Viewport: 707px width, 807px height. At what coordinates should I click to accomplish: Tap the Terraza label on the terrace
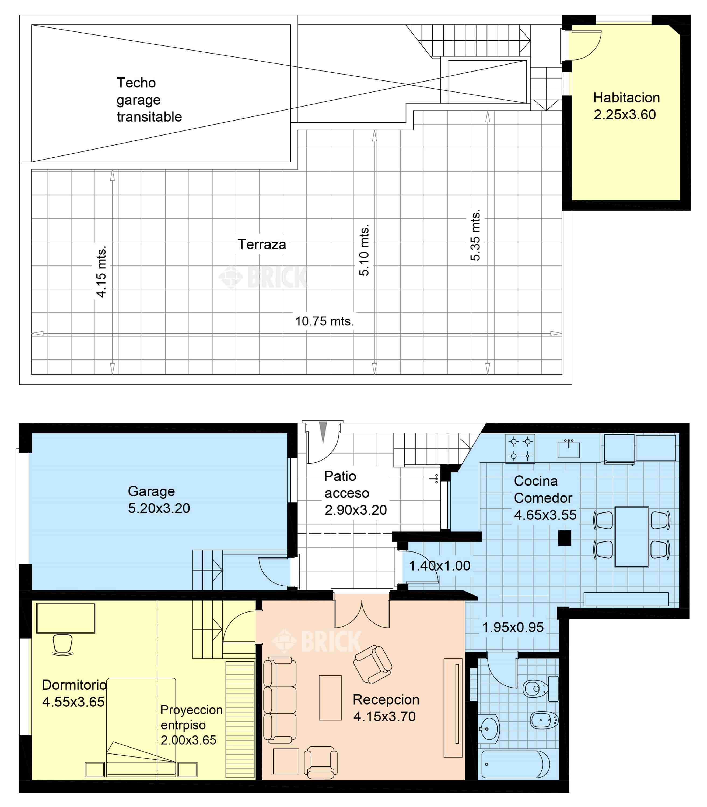pos(262,245)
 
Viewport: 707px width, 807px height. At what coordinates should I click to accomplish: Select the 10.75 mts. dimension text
pos(325,321)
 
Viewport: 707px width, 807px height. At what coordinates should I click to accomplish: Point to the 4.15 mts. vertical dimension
pos(101,272)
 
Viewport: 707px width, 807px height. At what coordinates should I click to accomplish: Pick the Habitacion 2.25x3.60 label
pos(626,106)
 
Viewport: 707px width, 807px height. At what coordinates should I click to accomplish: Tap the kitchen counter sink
pos(569,449)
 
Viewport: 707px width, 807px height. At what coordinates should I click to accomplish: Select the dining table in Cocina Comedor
pos(632,537)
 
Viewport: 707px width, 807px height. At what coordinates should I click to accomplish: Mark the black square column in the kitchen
pos(565,538)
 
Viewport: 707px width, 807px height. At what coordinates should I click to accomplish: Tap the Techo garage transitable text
pos(149,100)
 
